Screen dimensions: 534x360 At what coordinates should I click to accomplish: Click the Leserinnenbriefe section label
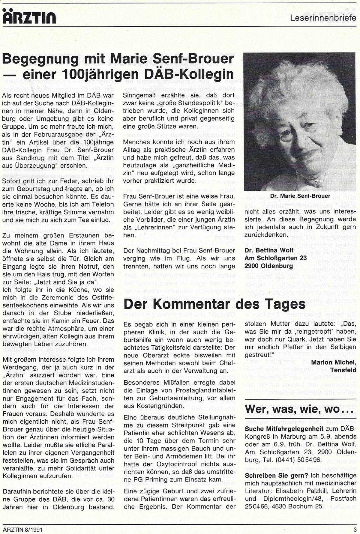(323, 18)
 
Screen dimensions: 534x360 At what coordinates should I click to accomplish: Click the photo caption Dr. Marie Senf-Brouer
(300, 196)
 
